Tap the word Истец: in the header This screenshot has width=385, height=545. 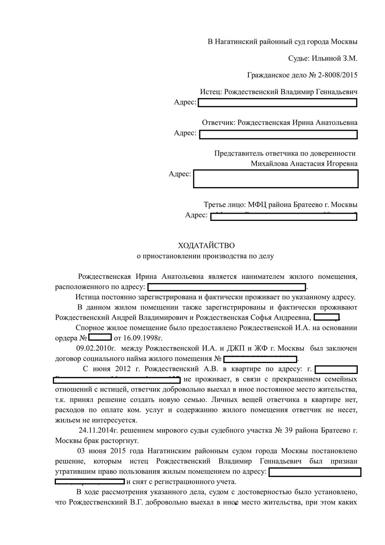pyautogui.click(x=211, y=92)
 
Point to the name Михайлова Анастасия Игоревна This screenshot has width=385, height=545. pyautogui.click(x=304, y=163)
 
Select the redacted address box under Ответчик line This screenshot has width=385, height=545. pyautogui.click(x=279, y=134)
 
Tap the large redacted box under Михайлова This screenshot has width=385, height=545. pyautogui.click(x=276, y=178)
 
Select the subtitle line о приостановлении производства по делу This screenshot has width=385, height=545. pyautogui.click(x=205, y=256)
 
